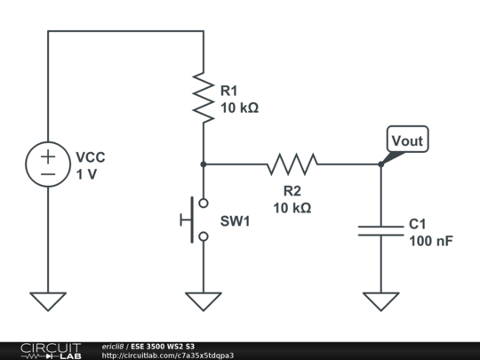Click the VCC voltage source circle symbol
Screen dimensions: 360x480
[48, 164]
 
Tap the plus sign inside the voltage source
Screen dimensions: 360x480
[48, 156]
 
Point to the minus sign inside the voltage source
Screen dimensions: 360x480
[48, 174]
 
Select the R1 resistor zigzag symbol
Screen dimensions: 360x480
[204, 98]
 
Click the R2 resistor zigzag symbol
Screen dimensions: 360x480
[292, 164]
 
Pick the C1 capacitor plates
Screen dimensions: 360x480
[381, 230]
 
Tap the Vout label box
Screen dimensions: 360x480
[407, 140]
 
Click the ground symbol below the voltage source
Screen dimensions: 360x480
[48, 301]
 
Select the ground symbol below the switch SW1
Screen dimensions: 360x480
[204, 301]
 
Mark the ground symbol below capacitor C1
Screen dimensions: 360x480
[381, 301]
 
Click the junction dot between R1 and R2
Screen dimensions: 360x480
[204, 164]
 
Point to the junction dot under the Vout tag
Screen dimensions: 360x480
[381, 164]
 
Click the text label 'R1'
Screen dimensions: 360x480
[229, 91]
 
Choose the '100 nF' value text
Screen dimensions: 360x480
[431, 240]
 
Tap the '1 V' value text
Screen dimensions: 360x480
[86, 174]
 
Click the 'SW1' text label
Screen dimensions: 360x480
[236, 220]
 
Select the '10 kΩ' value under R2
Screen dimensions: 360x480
[292, 207]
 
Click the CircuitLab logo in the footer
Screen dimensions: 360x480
[50, 350]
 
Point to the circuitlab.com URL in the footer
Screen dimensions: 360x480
[168, 356]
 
